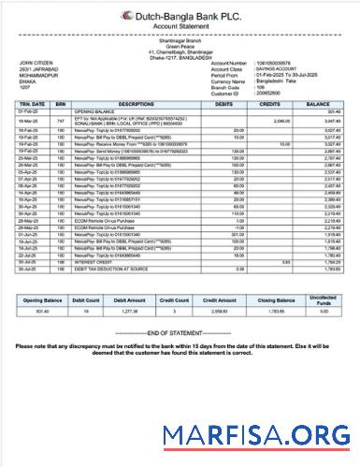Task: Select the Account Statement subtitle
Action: (180, 27)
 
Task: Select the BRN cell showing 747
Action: (60, 121)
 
